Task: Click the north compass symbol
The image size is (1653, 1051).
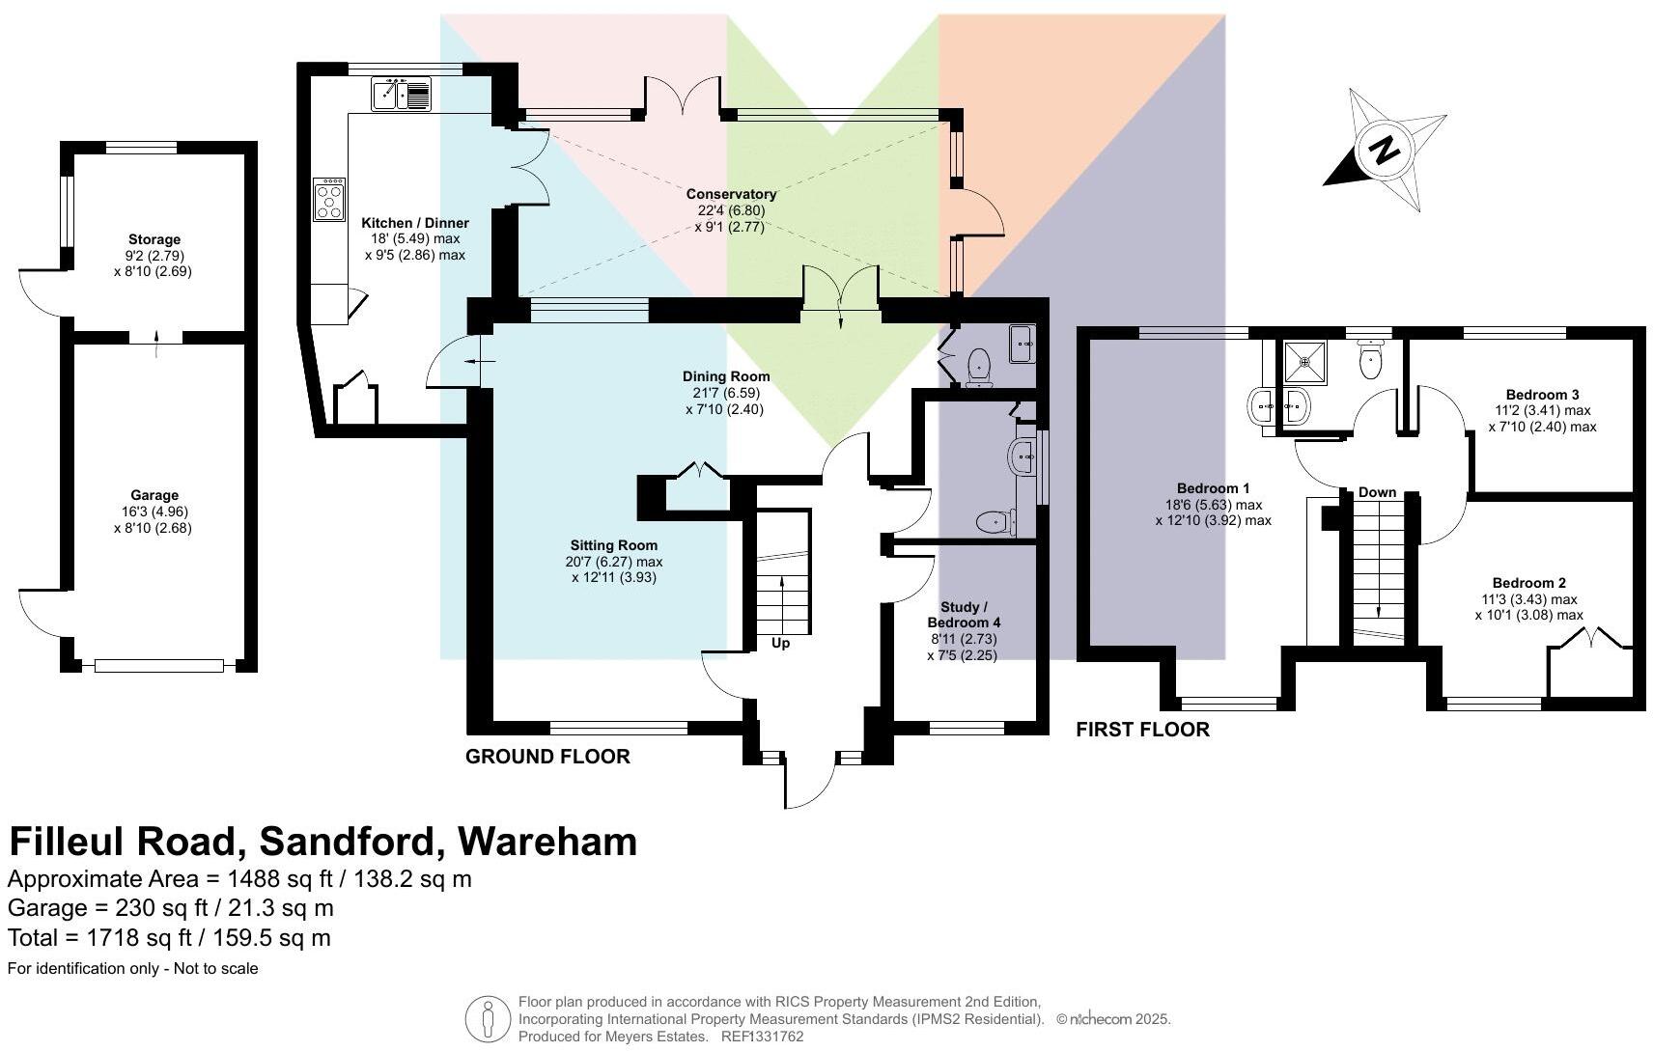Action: (1385, 151)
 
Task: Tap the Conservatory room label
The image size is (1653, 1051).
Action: (730, 194)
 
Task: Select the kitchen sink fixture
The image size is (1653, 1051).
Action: (400, 96)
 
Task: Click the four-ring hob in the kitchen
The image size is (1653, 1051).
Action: (329, 200)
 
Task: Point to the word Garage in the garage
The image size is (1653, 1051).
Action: (154, 495)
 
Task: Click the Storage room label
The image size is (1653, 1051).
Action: (154, 239)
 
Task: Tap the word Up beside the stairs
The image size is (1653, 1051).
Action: (780, 643)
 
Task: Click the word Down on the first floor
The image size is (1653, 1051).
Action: (1377, 492)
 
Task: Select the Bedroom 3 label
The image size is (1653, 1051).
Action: (1542, 395)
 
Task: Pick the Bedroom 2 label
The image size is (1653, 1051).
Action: (1528, 583)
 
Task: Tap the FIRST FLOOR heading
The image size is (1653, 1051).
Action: (1142, 730)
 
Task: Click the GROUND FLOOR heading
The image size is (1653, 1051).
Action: (547, 757)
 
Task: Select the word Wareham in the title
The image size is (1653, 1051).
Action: (547, 842)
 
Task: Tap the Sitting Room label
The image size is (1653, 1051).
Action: (613, 545)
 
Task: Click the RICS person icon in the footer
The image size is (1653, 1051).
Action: (489, 1019)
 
